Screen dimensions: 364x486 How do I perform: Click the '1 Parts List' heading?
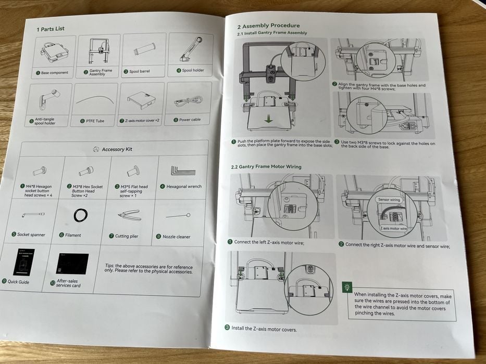pos(51,29)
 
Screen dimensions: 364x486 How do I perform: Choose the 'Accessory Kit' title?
pos(117,149)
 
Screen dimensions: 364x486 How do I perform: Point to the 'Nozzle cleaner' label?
pos(176,237)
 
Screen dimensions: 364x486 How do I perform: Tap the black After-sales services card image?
pos(72,264)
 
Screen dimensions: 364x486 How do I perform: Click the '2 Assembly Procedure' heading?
pos(268,25)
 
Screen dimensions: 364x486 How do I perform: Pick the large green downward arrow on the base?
pos(268,119)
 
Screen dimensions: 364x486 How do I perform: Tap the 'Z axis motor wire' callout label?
pos(393,228)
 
